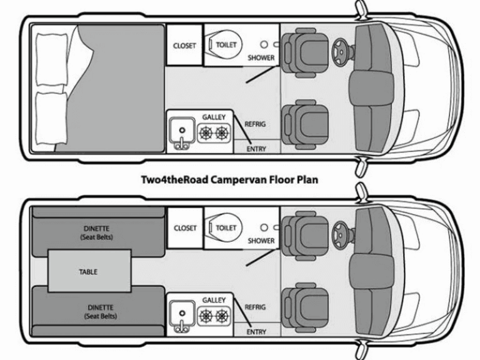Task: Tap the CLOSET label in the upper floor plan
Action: (x=184, y=46)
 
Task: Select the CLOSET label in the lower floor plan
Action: (x=184, y=228)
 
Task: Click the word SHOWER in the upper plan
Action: (x=261, y=57)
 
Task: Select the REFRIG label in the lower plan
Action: (x=255, y=307)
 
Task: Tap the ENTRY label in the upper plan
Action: (x=256, y=149)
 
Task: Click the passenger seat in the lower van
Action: (x=304, y=306)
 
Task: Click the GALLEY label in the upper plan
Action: (x=214, y=117)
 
